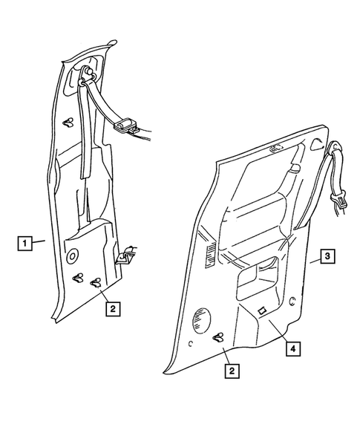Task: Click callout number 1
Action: coord(25,242)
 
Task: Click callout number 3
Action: coord(327,258)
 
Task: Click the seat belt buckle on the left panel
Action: coord(127,124)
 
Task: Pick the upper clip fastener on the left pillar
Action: coord(68,123)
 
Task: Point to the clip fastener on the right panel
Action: coord(220,339)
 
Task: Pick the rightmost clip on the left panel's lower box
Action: coord(96,282)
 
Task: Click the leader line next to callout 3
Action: coord(312,261)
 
